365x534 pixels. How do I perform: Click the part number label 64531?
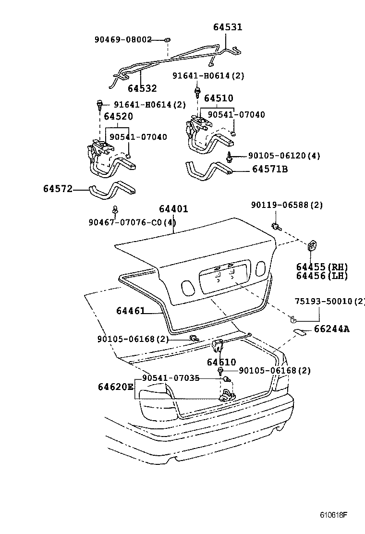pyautogui.click(x=228, y=27)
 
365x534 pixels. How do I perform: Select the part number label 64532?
pyautogui.click(x=142, y=88)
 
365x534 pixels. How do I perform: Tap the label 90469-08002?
pyautogui.click(x=123, y=39)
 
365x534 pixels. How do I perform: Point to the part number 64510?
pyautogui.click(x=219, y=98)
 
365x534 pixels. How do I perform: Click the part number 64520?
pyautogui.click(x=119, y=116)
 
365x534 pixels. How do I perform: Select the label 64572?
pyautogui.click(x=58, y=189)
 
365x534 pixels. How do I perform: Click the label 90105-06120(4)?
pyautogui.click(x=284, y=156)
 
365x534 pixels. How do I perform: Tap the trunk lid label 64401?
pyautogui.click(x=173, y=209)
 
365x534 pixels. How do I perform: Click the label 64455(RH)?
pyautogui.click(x=322, y=267)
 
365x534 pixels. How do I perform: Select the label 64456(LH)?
pyautogui.click(x=322, y=276)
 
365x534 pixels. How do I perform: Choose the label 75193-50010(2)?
pyautogui.click(x=329, y=301)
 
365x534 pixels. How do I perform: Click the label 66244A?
pyautogui.click(x=332, y=329)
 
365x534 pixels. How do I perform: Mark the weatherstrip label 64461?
pyautogui.click(x=130, y=311)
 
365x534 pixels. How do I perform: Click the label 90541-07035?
pyautogui.click(x=170, y=378)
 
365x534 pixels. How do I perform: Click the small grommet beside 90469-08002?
pyautogui.click(x=167, y=39)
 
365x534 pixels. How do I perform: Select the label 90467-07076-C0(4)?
pyautogui.click(x=132, y=222)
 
